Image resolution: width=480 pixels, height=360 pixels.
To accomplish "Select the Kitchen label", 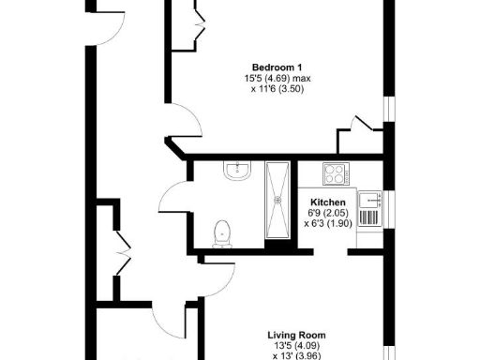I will pyautogui.click(x=328, y=202).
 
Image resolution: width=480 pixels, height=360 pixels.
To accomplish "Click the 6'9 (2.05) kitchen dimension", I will pyautogui.click(x=328, y=214).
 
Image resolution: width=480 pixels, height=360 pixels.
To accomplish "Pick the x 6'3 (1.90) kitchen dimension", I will pyautogui.click(x=328, y=225).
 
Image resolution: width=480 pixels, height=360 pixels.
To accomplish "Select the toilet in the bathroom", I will pyautogui.click(x=223, y=232).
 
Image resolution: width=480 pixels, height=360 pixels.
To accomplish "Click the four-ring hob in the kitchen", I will pyautogui.click(x=335, y=173).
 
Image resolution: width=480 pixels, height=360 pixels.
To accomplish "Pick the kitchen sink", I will pyautogui.click(x=373, y=199).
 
